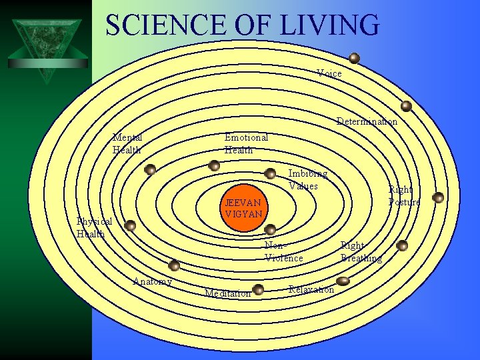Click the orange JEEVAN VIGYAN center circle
point(244,207)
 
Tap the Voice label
point(329,73)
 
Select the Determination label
point(367,121)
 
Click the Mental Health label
point(127,143)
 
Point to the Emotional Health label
point(246,143)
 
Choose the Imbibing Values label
point(307,180)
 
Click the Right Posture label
point(404,196)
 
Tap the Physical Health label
point(93,227)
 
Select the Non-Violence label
point(284,251)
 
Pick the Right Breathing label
point(361,252)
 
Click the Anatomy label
point(153,281)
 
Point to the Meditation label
point(227,293)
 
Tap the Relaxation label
point(311,289)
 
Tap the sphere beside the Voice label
point(354,58)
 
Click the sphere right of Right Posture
point(438,197)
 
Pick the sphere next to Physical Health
point(131,225)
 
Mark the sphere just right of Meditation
point(258,289)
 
